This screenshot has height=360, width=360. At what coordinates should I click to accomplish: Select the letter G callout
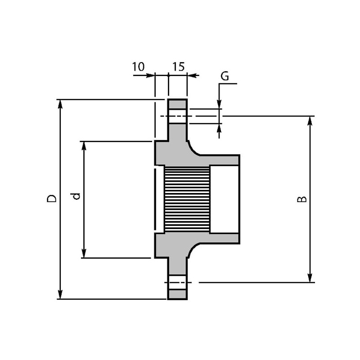click(225, 76)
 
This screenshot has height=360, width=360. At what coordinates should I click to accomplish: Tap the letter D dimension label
click(52, 198)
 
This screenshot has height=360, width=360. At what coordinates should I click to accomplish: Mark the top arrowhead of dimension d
click(84, 145)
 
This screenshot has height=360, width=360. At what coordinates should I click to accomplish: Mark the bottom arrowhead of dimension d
click(84, 254)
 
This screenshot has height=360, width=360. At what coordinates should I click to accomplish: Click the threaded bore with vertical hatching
click(187, 199)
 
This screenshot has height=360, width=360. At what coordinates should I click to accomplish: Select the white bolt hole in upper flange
click(177, 116)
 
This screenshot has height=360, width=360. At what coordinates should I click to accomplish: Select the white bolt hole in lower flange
click(177, 283)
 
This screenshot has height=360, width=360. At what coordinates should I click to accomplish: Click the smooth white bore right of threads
click(224, 199)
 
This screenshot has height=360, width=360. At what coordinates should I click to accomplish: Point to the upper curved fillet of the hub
click(193, 148)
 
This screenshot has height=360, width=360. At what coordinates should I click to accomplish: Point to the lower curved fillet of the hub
click(193, 250)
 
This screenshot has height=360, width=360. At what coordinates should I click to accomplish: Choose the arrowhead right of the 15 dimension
click(191, 75)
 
